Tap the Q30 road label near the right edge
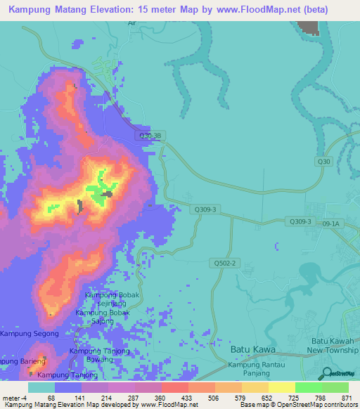click(323, 162)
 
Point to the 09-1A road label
click(330, 224)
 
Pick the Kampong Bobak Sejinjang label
click(112, 299)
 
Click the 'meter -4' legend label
click(17, 398)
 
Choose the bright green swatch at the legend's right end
click(335, 387)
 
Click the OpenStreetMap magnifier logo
click(326, 373)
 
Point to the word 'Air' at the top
click(131, 42)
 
